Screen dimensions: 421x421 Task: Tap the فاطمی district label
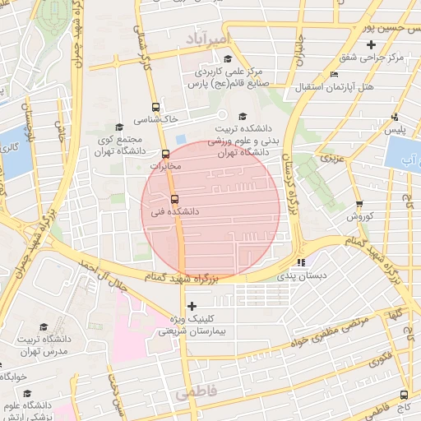pos(195,394)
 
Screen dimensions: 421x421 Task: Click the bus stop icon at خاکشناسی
pos(155,107)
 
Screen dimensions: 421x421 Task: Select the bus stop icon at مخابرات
pos(165,154)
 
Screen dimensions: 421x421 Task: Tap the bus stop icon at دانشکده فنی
pos(173,199)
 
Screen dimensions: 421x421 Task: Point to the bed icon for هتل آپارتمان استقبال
pos(333,75)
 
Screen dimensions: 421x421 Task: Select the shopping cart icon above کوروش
pos(359,204)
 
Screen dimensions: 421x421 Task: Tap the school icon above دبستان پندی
pos(301,263)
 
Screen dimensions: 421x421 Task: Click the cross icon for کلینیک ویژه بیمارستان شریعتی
pos(192,306)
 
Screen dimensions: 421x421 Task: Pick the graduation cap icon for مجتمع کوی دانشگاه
pos(119,127)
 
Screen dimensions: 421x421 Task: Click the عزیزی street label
pos(331,156)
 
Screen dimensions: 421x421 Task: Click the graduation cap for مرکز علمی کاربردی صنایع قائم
pos(228,58)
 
